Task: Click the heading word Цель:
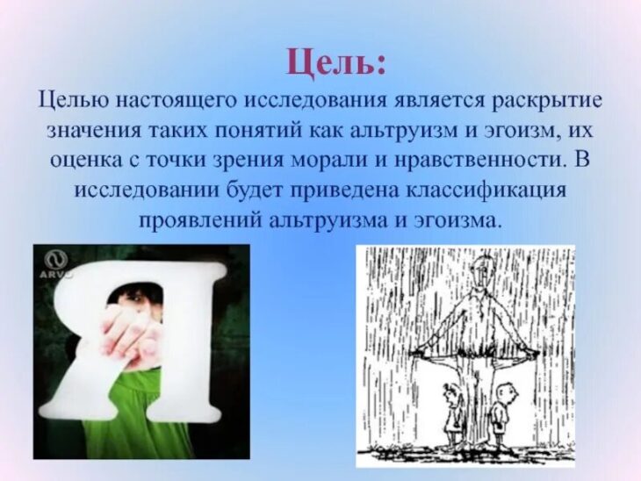(335, 62)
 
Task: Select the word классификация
(487, 190)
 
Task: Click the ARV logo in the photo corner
(54, 265)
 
